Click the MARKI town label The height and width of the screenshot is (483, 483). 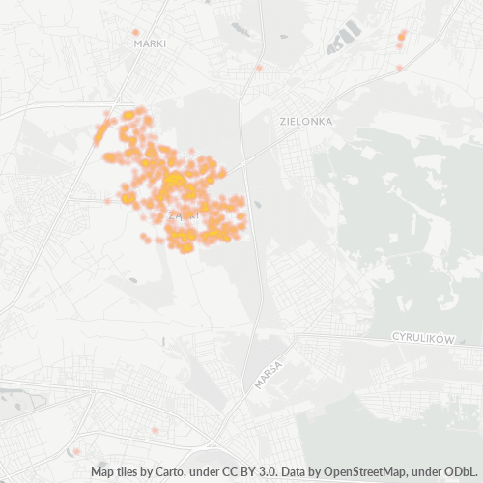(x=151, y=43)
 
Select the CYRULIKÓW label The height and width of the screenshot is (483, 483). (x=422, y=338)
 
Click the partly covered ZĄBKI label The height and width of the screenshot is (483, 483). (x=183, y=214)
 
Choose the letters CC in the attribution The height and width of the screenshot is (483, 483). (x=230, y=472)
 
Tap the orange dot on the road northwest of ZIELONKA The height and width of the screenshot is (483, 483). (x=259, y=68)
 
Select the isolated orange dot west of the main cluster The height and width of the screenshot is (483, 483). (x=106, y=200)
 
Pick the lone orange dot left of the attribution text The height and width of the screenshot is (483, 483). (x=76, y=451)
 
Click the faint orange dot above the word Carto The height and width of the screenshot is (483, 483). (x=155, y=431)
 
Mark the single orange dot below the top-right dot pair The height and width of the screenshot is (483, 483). (x=399, y=68)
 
